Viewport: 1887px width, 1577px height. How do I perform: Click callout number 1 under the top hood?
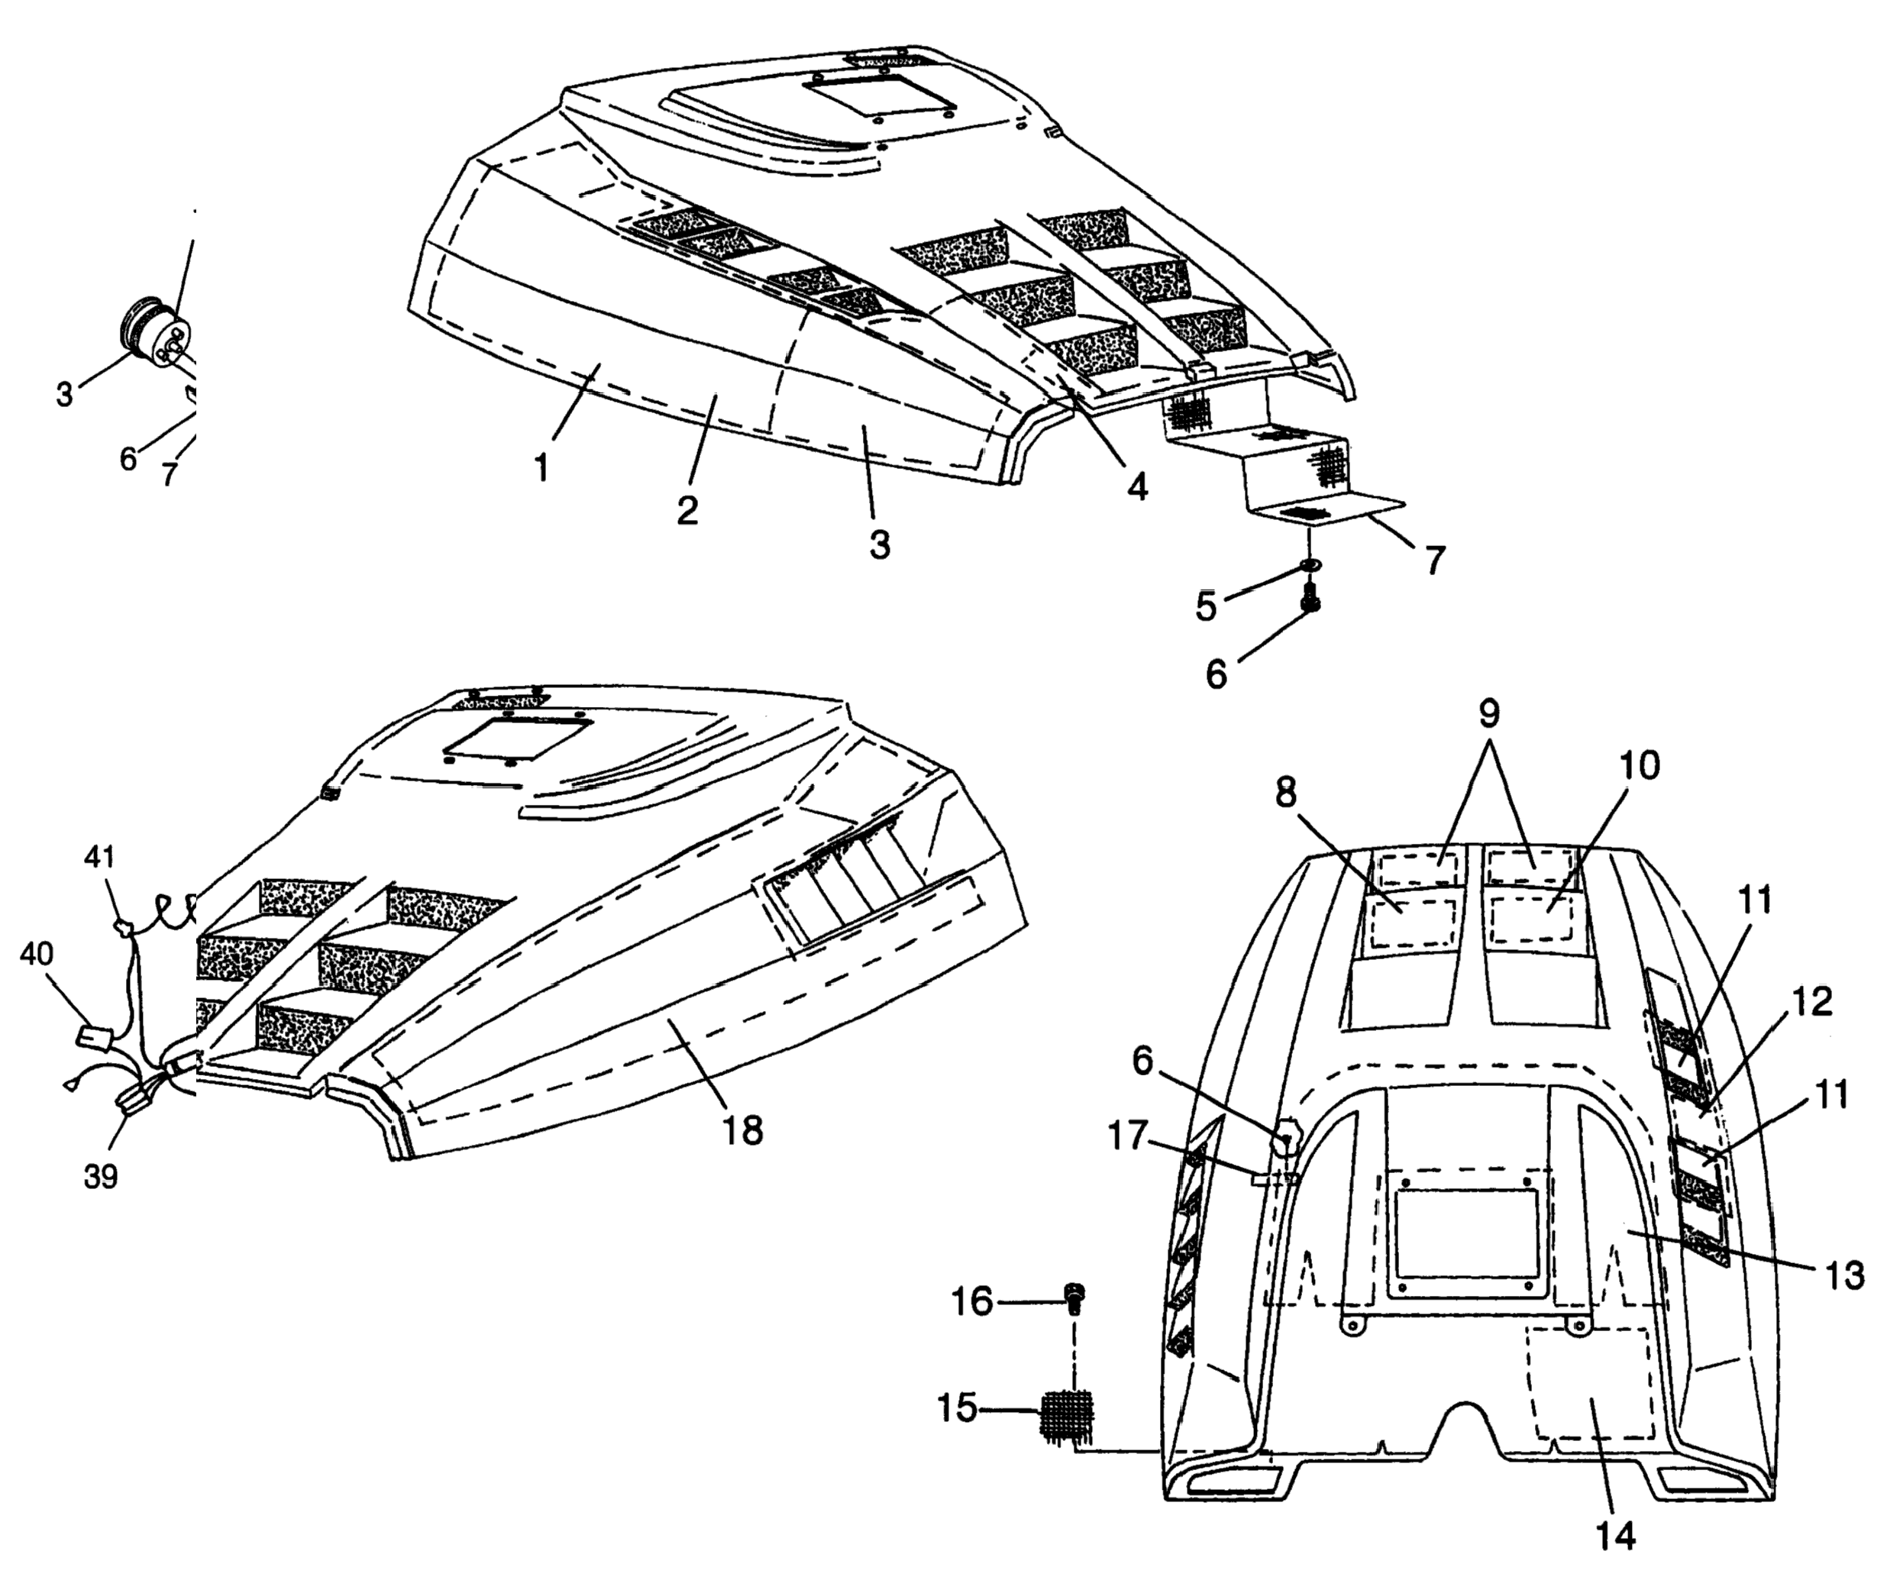[x=541, y=467]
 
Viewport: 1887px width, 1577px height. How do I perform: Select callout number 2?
[x=687, y=509]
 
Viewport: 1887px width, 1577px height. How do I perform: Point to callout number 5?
[x=1206, y=606]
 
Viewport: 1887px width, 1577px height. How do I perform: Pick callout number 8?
[x=1286, y=793]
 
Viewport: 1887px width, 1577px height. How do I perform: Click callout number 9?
[x=1489, y=713]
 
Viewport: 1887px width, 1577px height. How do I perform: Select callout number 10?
[x=1640, y=765]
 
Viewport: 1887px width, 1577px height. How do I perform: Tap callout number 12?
[x=1812, y=1002]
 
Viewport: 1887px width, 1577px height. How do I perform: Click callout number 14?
[x=1616, y=1537]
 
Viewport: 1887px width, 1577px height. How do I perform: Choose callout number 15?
[x=956, y=1408]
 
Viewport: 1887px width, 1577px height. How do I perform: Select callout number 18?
[x=744, y=1129]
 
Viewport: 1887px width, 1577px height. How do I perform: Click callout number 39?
[x=101, y=1176]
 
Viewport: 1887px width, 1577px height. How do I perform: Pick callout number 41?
[x=100, y=856]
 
